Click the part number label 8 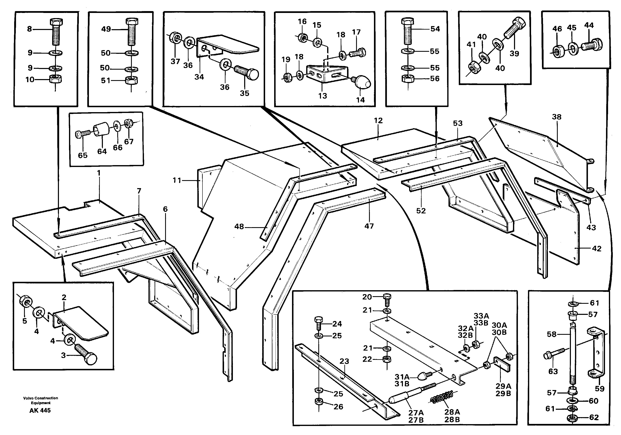pyautogui.click(x=30, y=29)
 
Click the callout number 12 pyautogui.click(x=378, y=121)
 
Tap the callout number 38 pyautogui.click(x=557, y=117)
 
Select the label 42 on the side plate pyautogui.click(x=597, y=248)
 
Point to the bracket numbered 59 pyautogui.click(x=597, y=354)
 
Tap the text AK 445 pyautogui.click(x=40, y=410)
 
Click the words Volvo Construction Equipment pyautogui.click(x=41, y=400)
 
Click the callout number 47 pyautogui.click(x=369, y=226)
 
